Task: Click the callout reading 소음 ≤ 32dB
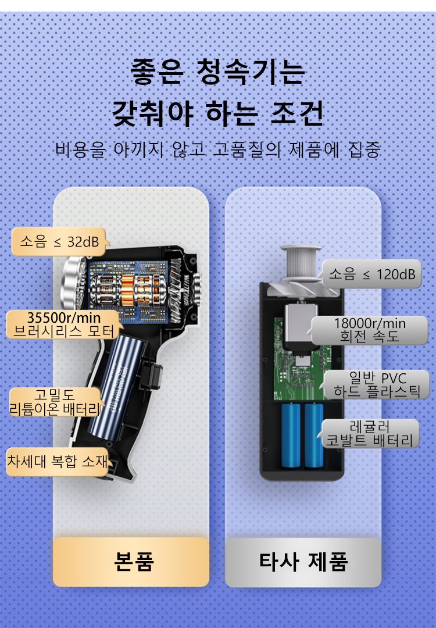59,241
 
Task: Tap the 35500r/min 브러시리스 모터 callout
64,324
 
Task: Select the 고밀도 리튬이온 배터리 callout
55,402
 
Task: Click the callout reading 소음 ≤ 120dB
371,274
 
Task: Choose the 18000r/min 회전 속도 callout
369,330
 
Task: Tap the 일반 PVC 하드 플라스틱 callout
376,385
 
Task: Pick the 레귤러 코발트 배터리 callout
369,433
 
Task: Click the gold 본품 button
131,562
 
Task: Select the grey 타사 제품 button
303,562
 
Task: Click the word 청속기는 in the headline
251,72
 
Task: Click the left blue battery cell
291,436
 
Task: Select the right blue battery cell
314,436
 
